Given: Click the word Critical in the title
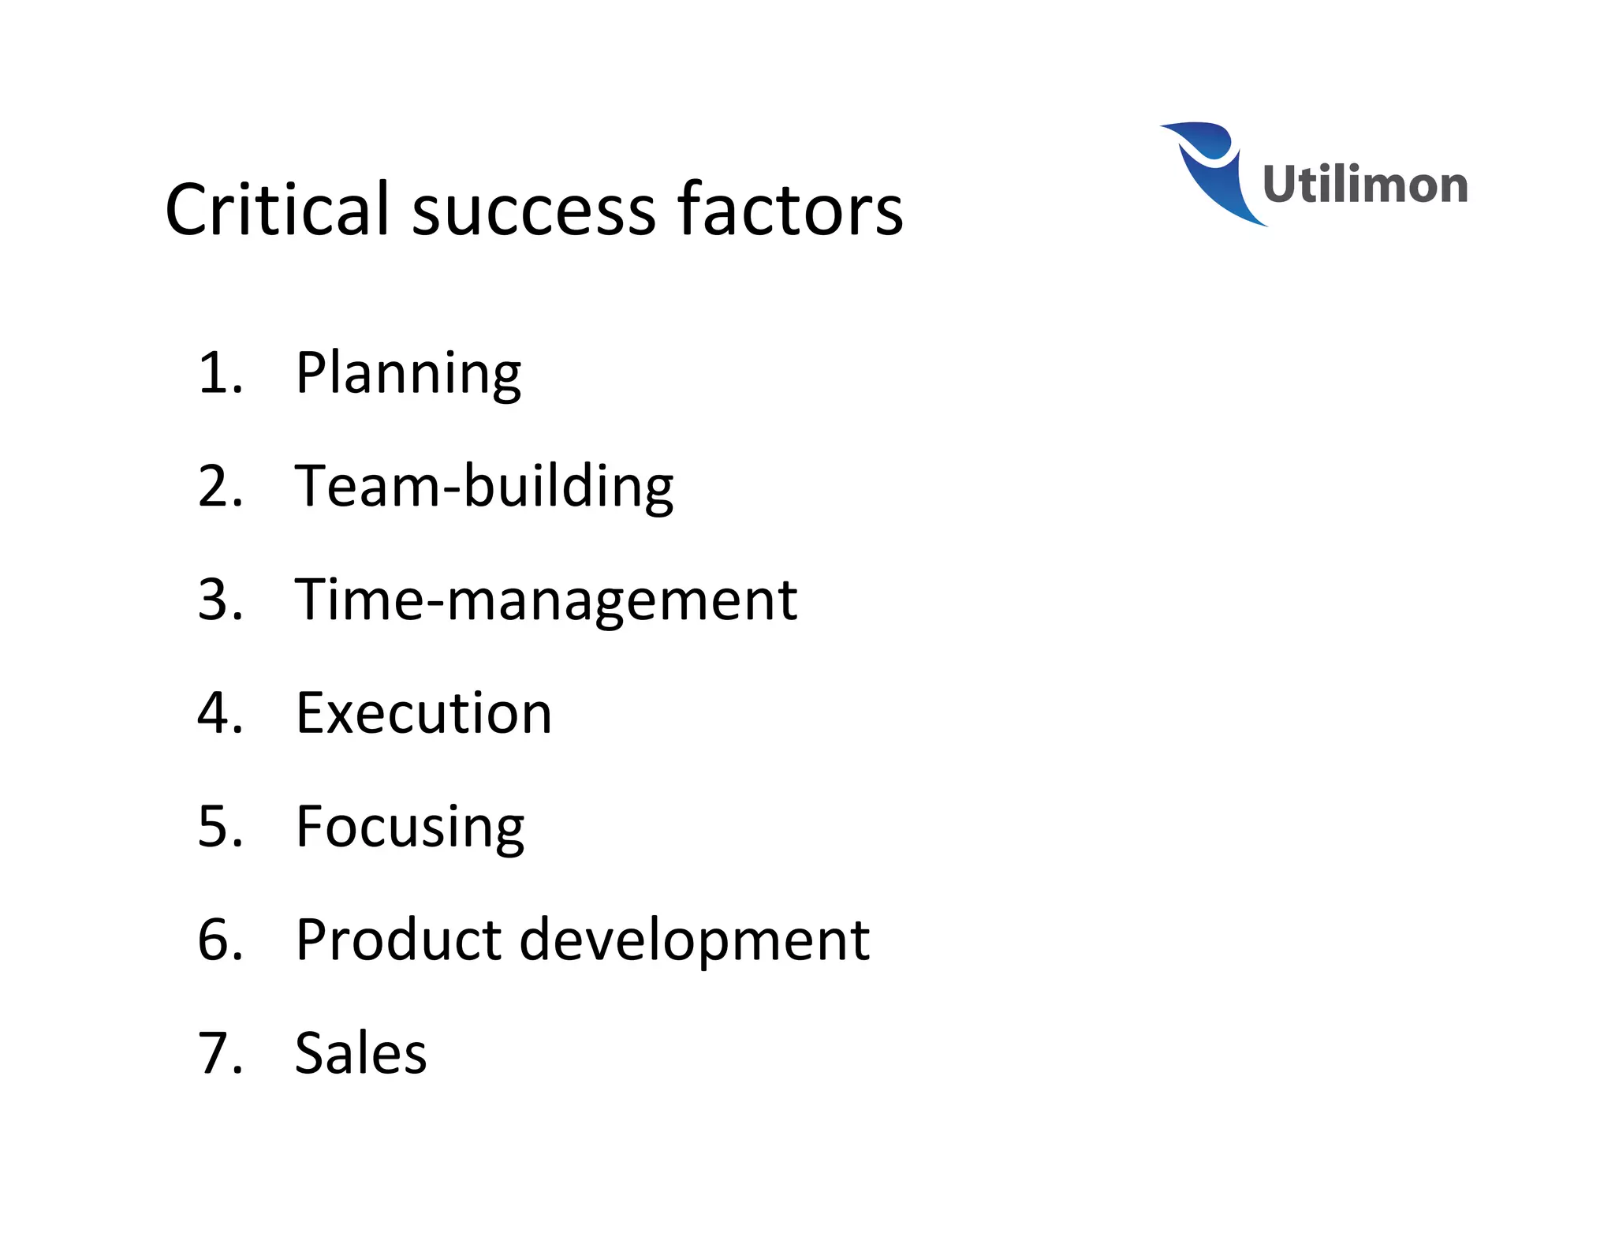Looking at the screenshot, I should (278, 209).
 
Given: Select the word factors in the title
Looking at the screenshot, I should (790, 209).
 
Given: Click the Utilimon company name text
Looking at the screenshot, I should (1364, 185).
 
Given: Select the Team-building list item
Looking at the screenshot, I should (483, 487).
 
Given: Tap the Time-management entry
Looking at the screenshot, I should (546, 600).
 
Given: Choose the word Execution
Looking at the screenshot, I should (423, 713).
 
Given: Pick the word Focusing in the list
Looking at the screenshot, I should (409, 828).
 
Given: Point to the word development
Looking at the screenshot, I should (694, 940).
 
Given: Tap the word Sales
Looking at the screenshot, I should (360, 1053).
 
